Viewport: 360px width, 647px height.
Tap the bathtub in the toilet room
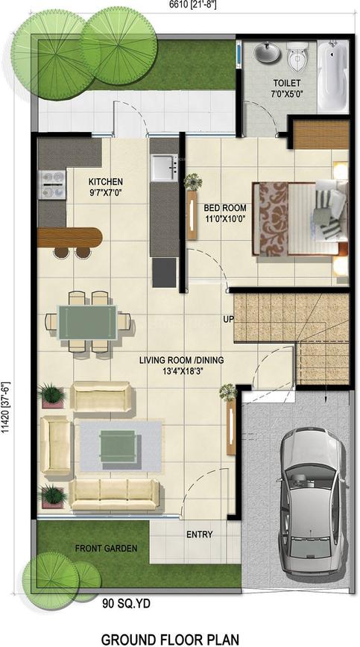tap(332, 76)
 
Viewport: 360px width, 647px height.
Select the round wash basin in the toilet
tap(264, 53)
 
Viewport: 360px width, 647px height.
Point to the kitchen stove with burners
tap(52, 184)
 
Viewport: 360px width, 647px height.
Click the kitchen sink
tap(164, 168)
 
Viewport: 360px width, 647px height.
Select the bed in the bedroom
tap(300, 218)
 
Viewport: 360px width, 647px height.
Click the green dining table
tap(87, 322)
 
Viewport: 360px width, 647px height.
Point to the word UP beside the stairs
tap(229, 319)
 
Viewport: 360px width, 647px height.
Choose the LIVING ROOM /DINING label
tap(181, 364)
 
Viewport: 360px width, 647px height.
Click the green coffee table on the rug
tap(118, 446)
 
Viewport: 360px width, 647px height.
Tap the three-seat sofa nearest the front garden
tap(114, 494)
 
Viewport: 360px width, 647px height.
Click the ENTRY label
tap(200, 534)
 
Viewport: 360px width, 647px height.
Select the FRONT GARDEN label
tap(106, 549)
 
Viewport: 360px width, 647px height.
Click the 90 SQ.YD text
tap(126, 604)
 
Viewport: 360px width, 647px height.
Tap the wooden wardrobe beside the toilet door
tap(320, 134)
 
